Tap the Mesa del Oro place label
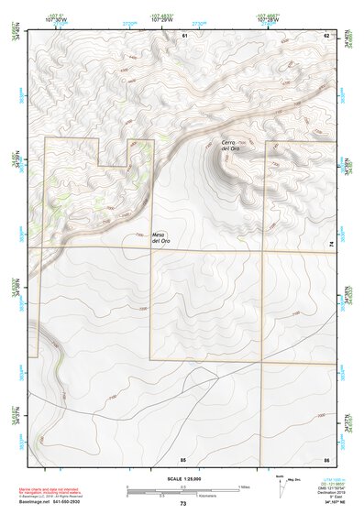click(160, 236)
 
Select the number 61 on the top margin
click(184, 35)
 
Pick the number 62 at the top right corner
click(325, 35)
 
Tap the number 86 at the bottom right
click(325, 458)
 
